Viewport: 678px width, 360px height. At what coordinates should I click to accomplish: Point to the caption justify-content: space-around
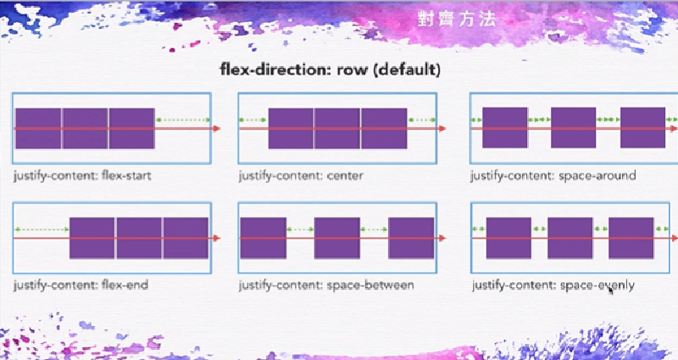click(553, 176)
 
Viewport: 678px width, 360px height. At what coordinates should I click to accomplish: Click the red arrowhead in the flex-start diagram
click(217, 129)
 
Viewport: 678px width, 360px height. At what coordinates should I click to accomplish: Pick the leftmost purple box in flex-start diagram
click(38, 129)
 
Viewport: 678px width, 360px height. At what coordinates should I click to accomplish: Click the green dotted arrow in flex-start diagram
click(183, 120)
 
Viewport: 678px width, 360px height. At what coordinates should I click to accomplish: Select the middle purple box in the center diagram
click(337, 129)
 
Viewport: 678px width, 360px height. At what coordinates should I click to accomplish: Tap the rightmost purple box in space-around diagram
click(642, 129)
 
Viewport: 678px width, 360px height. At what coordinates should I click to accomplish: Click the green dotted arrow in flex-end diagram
click(42, 230)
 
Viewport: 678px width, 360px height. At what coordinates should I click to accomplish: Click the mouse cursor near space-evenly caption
click(611, 290)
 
